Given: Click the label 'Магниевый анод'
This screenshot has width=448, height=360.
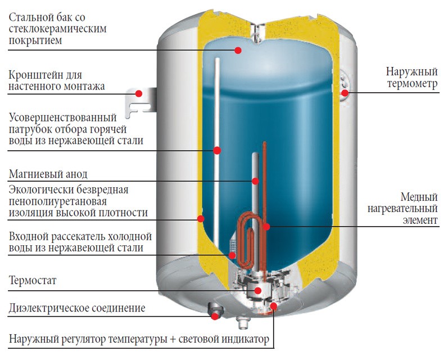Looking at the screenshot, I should (x=48, y=173).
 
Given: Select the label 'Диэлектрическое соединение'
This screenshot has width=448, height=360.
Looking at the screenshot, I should (x=77, y=308).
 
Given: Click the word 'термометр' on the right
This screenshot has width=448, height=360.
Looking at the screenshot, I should (x=411, y=85).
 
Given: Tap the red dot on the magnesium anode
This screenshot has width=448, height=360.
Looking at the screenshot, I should (x=255, y=181).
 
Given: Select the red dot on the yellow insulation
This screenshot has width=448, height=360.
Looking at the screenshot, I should (x=200, y=218).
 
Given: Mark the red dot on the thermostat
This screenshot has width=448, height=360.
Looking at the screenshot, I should (x=258, y=290).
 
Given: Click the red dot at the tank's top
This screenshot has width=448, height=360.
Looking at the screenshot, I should (x=238, y=51).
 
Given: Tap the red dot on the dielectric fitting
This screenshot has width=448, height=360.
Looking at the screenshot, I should (x=215, y=316).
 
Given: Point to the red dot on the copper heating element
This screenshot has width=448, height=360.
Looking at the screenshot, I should (x=267, y=227).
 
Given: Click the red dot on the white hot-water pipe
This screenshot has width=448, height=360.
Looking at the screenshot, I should (x=217, y=150).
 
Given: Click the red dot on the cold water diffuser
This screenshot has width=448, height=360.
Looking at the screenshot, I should (x=232, y=255).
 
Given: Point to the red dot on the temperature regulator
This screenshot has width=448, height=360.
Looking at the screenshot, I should (x=274, y=307).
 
